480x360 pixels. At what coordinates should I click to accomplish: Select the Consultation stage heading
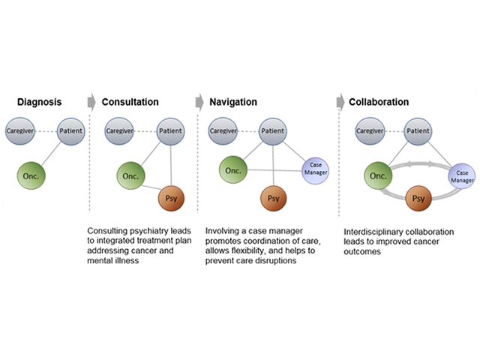click(x=130, y=101)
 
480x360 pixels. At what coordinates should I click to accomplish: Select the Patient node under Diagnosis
click(x=70, y=131)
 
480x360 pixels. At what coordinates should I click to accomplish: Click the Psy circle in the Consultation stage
click(x=171, y=201)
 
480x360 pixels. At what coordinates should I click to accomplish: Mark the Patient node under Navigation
click(x=273, y=131)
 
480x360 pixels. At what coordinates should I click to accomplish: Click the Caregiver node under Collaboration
click(x=370, y=131)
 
